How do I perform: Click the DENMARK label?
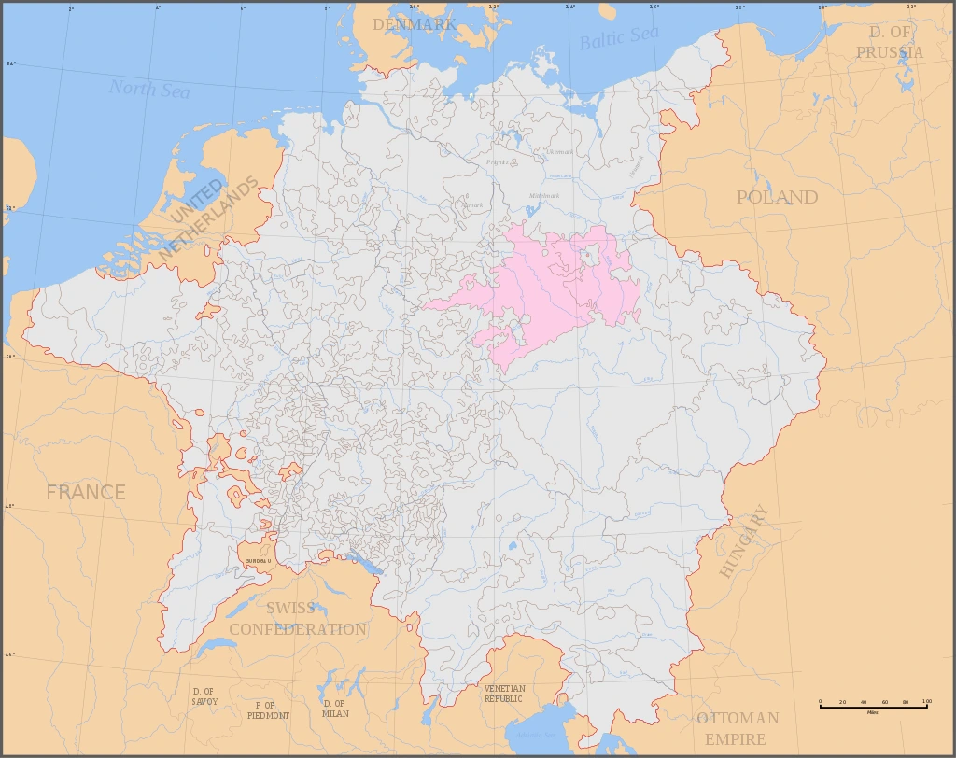(415, 24)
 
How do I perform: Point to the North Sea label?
(149, 90)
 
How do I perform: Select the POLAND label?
(777, 197)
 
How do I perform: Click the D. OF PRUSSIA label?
(890, 42)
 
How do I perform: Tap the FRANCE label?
(86, 492)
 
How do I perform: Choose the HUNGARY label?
(744, 541)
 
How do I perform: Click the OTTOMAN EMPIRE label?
(737, 728)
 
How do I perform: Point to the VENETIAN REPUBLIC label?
(504, 694)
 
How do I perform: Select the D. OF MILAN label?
(334, 709)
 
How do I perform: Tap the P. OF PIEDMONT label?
(268, 710)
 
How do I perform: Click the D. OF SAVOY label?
(204, 696)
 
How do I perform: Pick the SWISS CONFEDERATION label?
(297, 619)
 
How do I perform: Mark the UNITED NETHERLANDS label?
(212, 216)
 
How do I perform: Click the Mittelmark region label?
(544, 196)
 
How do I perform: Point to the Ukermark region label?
(560, 152)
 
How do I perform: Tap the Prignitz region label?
(498, 162)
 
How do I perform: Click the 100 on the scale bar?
(926, 701)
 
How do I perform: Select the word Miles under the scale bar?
(873, 712)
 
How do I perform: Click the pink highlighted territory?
(551, 289)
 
